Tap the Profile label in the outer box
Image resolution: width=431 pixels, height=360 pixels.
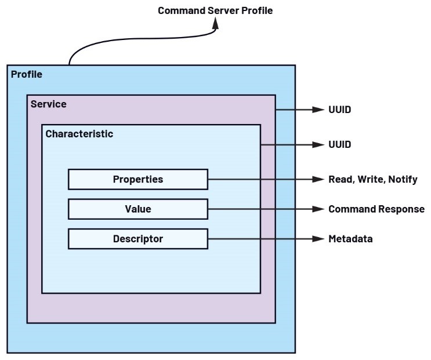tap(27, 74)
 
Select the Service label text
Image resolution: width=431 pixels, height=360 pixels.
tap(48, 104)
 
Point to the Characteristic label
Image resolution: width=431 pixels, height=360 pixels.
tap(79, 134)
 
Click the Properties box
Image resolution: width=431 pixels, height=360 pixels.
tap(137, 179)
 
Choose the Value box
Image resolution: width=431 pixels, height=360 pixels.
tap(137, 209)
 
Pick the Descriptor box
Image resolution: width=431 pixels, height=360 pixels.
tap(137, 239)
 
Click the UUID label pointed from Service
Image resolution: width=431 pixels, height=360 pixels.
tap(339, 109)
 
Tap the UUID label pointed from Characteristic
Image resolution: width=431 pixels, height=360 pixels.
tap(339, 144)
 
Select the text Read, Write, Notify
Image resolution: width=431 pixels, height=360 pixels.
tap(373, 180)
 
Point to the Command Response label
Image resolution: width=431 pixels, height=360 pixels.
tap(376, 209)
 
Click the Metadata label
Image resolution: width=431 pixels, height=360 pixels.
tap(350, 239)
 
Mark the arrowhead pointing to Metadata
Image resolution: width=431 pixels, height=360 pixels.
tap(317, 239)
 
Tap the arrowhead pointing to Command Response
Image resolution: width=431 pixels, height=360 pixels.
tap(317, 209)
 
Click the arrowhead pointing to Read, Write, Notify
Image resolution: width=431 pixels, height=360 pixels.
tap(317, 179)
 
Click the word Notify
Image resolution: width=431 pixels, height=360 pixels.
tap(403, 180)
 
